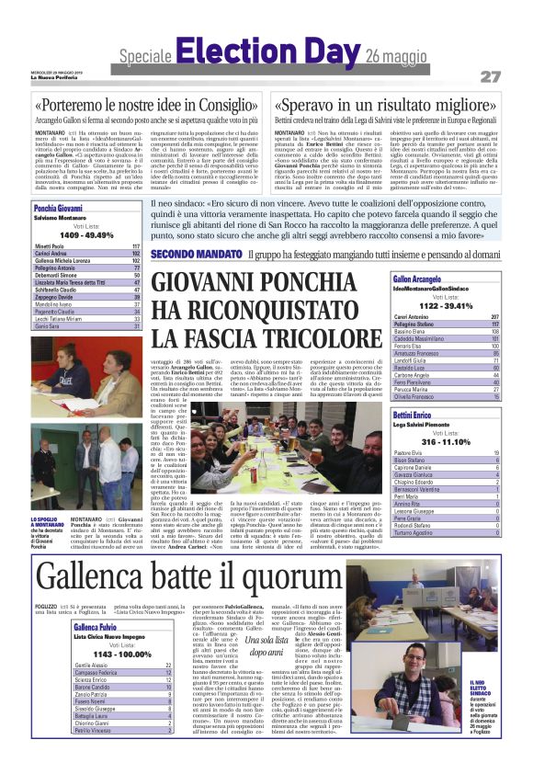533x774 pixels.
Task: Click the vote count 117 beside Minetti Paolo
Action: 136,247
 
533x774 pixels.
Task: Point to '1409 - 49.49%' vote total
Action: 86,235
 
